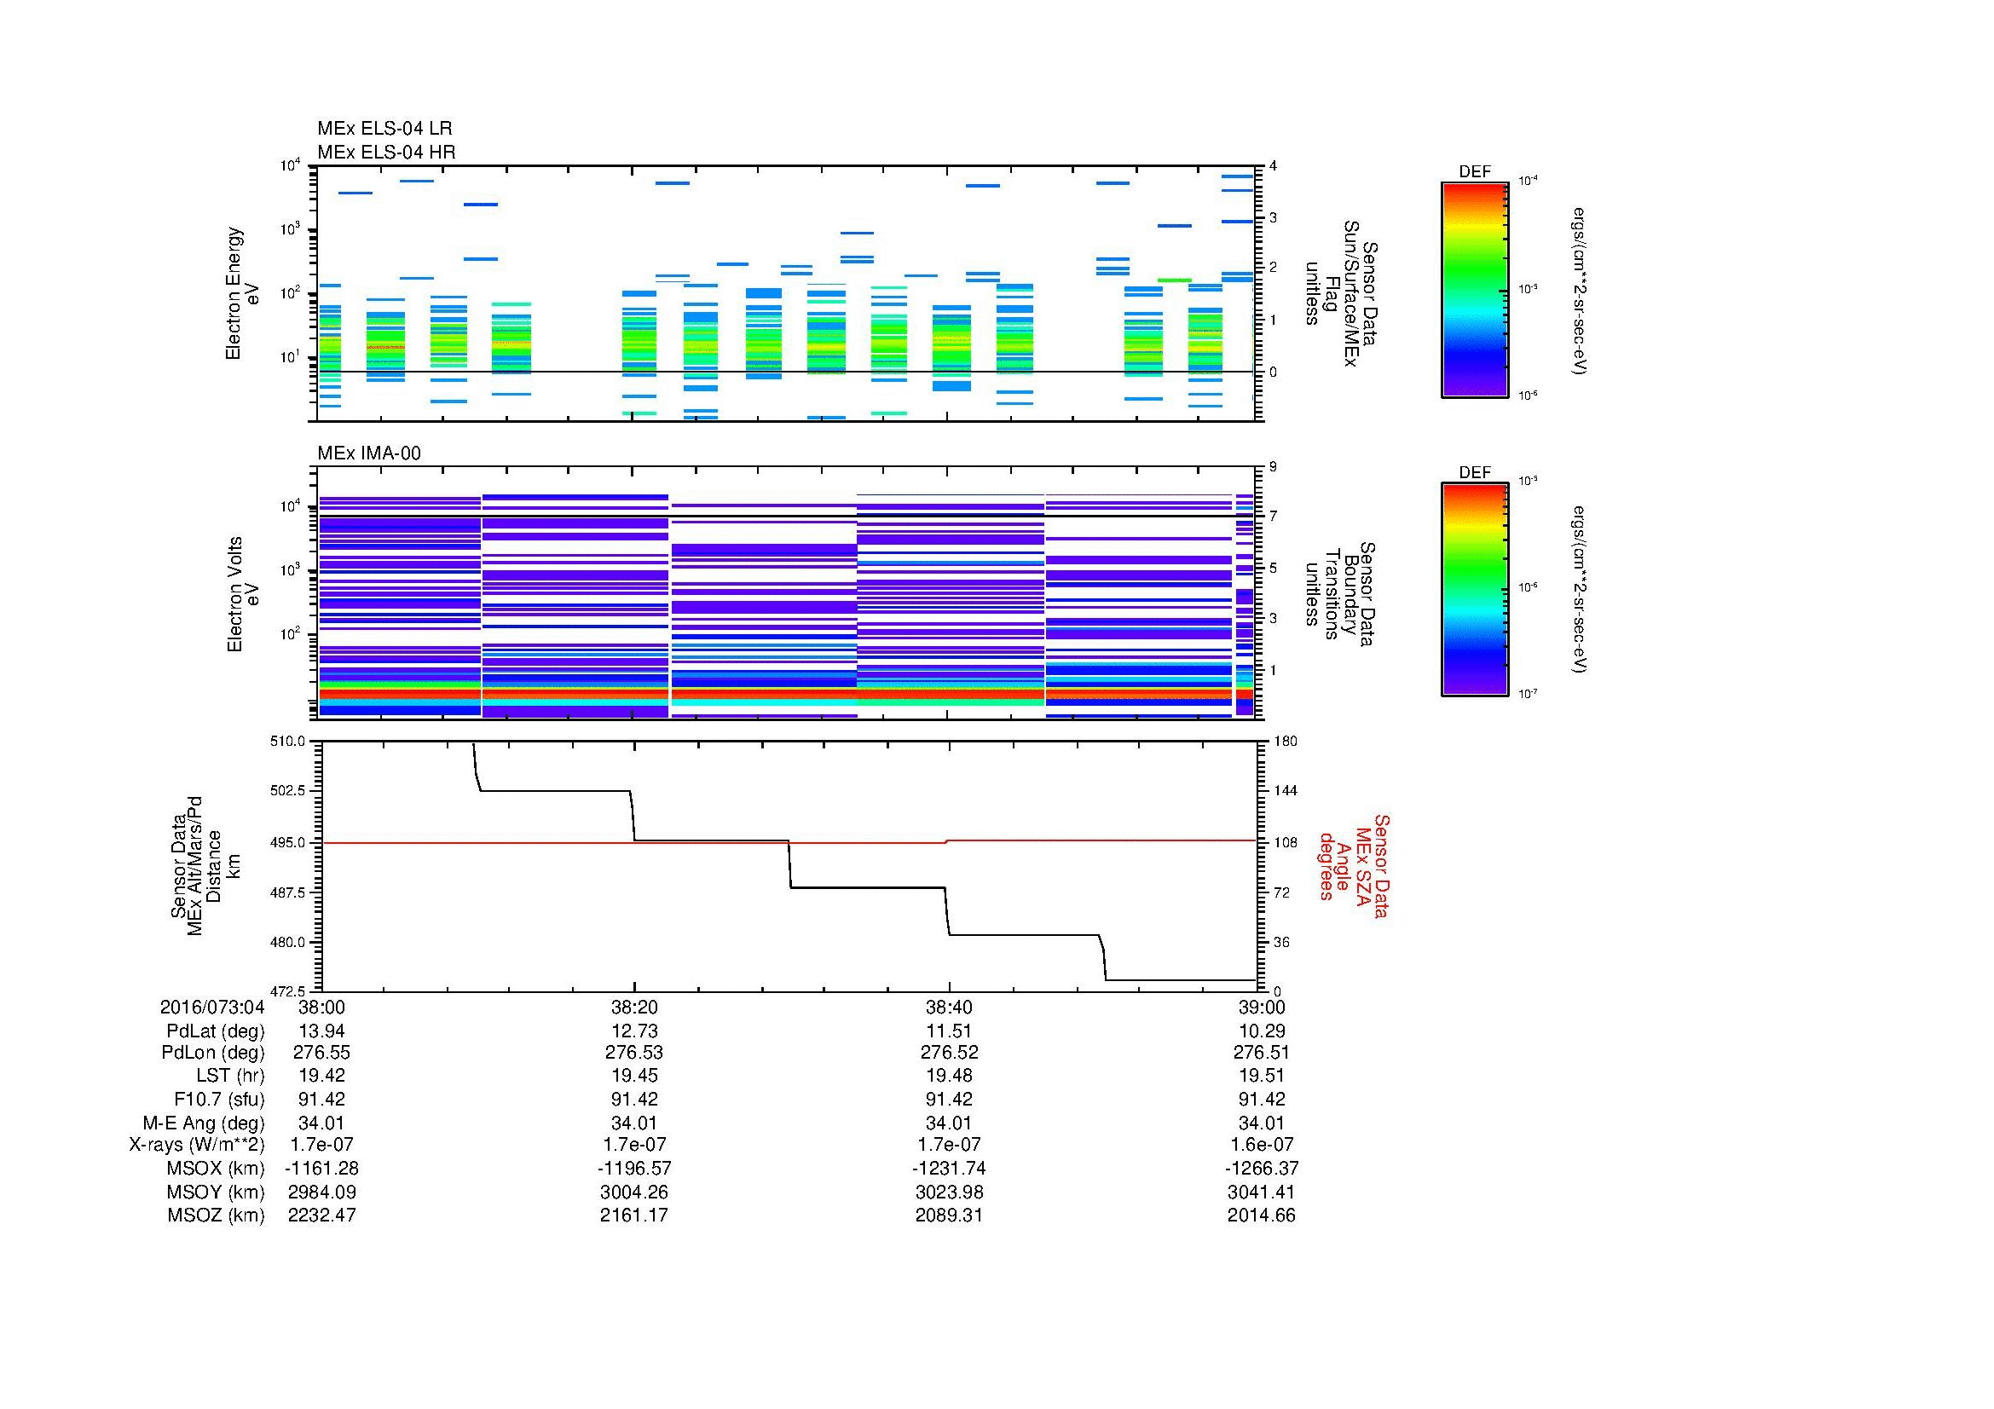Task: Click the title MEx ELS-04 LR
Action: (384, 129)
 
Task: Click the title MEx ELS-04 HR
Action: (385, 152)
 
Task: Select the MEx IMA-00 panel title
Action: (368, 453)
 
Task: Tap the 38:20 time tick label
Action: (634, 1007)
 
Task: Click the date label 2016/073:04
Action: (212, 1007)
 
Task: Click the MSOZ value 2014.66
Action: (1261, 1216)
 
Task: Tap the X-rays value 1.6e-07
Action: (1261, 1145)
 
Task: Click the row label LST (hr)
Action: (230, 1076)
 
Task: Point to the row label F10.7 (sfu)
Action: (218, 1099)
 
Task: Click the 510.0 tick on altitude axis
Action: (288, 742)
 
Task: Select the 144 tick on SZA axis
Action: (1285, 791)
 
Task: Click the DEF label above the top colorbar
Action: (1474, 172)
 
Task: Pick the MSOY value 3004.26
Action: (634, 1192)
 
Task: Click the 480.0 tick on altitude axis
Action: (288, 942)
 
